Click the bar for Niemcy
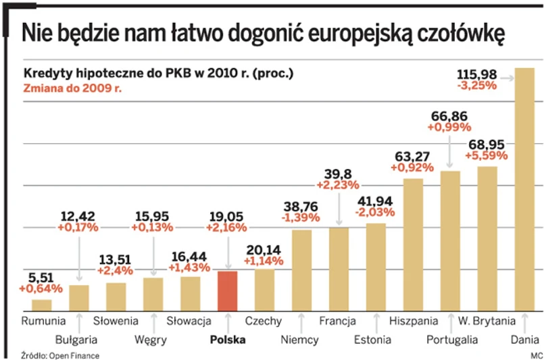tap(301, 268)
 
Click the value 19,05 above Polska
tap(228, 215)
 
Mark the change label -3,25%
tap(477, 86)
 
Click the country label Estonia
tap(373, 339)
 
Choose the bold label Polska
tap(227, 339)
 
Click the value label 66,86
tap(449, 114)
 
